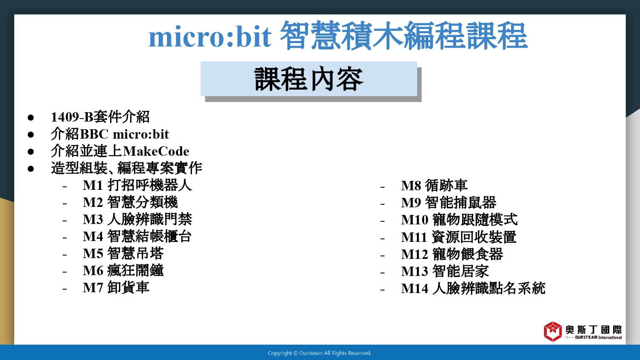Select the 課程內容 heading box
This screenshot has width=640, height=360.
309,79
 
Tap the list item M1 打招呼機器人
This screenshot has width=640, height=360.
137,185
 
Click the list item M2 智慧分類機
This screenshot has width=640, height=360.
130,202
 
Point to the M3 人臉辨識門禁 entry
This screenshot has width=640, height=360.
137,219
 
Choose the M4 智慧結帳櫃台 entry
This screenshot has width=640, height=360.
137,237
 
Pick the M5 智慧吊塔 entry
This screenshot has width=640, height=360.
123,253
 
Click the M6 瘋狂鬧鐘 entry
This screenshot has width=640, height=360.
123,270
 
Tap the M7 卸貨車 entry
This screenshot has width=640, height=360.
116,287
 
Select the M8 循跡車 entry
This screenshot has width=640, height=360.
434,186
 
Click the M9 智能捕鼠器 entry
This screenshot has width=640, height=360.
448,203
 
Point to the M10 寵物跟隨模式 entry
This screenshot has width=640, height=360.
459,220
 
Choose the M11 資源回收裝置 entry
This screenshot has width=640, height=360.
459,237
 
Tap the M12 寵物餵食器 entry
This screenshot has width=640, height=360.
452,254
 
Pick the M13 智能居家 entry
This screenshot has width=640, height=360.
445,271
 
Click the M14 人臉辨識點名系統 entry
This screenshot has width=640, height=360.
473,288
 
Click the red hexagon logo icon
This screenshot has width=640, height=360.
553,331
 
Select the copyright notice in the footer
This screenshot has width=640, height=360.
320,353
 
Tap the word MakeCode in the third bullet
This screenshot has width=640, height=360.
156,151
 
